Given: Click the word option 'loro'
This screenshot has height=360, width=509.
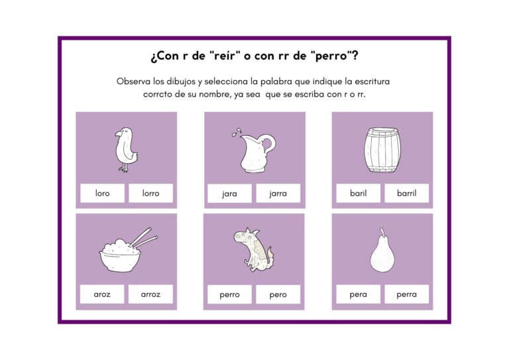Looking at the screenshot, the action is click(102, 193).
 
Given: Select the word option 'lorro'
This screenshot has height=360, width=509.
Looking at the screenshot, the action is click(150, 193).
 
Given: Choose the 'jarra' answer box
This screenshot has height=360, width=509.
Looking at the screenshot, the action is click(278, 194).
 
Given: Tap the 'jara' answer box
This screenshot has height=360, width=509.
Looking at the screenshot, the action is click(229, 194).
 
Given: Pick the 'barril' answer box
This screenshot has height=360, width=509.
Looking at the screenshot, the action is click(406, 193).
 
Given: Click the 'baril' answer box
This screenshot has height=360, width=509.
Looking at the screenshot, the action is click(358, 193).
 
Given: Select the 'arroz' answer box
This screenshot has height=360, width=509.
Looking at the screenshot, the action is click(150, 294).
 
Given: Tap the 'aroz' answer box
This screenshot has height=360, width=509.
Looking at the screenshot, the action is click(102, 294).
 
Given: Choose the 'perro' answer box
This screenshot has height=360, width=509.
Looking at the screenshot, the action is click(229, 294).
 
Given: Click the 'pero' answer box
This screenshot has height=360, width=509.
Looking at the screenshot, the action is click(278, 294).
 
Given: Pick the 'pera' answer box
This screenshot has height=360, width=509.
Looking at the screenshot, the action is click(358, 294).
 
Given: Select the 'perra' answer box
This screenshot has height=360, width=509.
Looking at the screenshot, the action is click(406, 294).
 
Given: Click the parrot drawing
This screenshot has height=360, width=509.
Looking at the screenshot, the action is click(126, 149).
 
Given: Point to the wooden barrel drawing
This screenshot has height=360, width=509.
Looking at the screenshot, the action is click(382, 150).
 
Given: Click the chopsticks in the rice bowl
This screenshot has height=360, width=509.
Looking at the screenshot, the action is click(143, 239).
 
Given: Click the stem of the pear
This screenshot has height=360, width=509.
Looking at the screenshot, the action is click(383, 233).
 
